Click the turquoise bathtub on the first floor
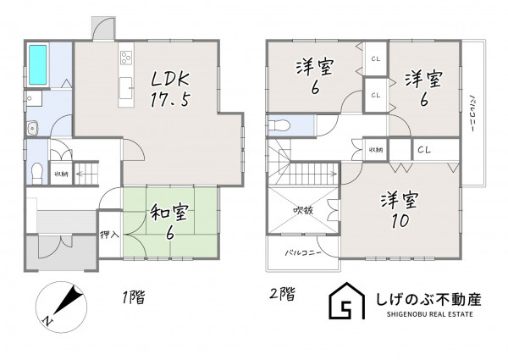click(38, 65)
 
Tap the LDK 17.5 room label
click(170, 89)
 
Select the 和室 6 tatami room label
click(169, 222)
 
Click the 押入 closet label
click(110, 235)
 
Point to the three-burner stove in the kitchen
click(126, 58)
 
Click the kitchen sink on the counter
click(125, 88)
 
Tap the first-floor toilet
click(37, 173)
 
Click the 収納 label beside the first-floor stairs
click(61, 174)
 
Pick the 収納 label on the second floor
click(376, 150)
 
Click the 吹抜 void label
click(303, 211)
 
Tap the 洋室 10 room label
click(400, 211)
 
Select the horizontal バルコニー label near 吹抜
click(303, 252)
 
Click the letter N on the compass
click(47, 320)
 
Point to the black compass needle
click(69, 299)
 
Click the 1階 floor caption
click(133, 296)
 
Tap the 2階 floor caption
click(283, 294)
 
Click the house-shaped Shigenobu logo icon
click(346, 301)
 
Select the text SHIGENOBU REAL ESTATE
click(429, 314)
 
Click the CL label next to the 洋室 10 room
click(424, 150)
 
